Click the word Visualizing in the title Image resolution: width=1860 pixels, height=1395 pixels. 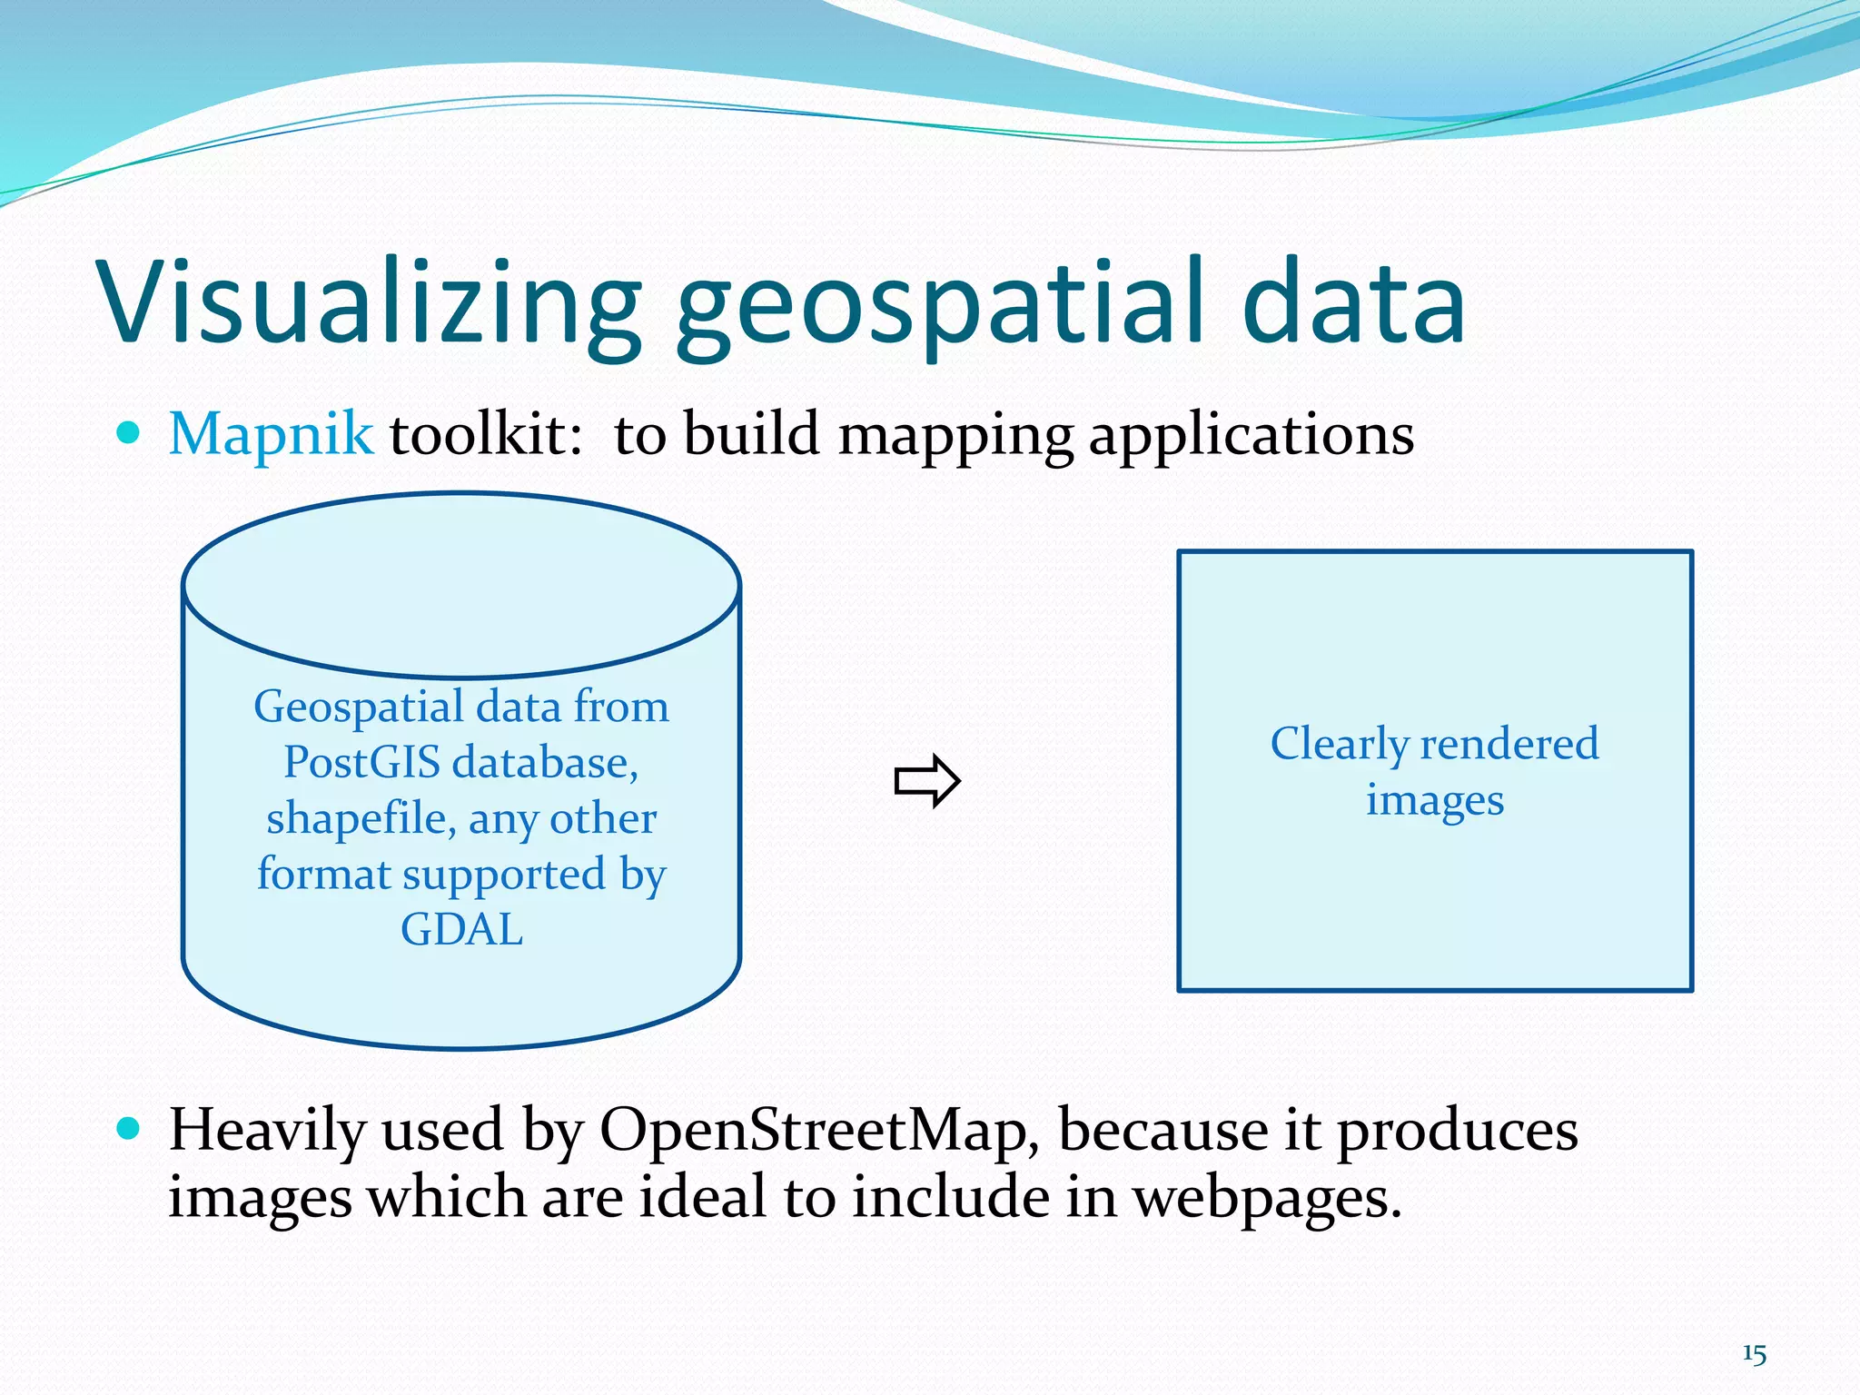click(x=369, y=302)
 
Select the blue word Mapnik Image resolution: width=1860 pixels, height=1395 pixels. click(x=271, y=434)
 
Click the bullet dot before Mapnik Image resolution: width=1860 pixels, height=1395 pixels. click(x=129, y=433)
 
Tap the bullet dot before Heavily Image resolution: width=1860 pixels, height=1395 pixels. click(x=129, y=1129)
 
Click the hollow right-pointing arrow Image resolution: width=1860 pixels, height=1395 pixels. click(x=926, y=780)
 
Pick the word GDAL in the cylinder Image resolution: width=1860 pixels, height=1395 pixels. click(x=461, y=929)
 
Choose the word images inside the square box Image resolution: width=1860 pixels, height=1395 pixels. click(x=1435, y=800)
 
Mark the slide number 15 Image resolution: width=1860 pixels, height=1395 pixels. click(x=1754, y=1354)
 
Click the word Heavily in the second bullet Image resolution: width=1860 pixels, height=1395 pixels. click(x=267, y=1132)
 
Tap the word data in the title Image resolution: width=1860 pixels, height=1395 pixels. click(x=1352, y=302)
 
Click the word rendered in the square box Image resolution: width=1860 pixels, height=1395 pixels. click(x=1509, y=743)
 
